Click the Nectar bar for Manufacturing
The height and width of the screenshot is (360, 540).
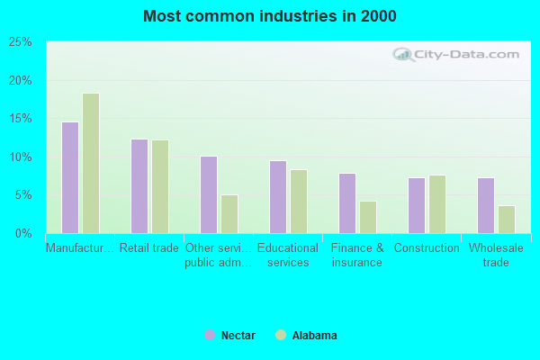(x=70, y=177)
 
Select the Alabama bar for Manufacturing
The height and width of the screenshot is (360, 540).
(x=91, y=163)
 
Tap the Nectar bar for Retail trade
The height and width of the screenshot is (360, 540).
(x=139, y=186)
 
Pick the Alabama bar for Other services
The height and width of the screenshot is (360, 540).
(x=229, y=214)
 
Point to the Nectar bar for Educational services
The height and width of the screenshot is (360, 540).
(x=278, y=197)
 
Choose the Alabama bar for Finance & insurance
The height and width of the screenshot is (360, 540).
(x=368, y=217)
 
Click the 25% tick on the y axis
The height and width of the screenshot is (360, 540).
(x=21, y=42)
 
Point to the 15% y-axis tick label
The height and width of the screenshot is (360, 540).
(x=21, y=119)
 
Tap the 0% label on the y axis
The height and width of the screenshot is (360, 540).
(x=24, y=234)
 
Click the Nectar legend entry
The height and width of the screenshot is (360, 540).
(x=230, y=336)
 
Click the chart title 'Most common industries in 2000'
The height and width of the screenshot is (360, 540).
(x=270, y=16)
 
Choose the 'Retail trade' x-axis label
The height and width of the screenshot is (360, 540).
(x=149, y=248)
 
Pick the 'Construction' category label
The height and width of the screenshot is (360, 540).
(x=427, y=248)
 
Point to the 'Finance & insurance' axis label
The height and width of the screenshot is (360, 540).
(x=357, y=256)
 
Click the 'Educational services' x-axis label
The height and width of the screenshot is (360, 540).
(x=288, y=256)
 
